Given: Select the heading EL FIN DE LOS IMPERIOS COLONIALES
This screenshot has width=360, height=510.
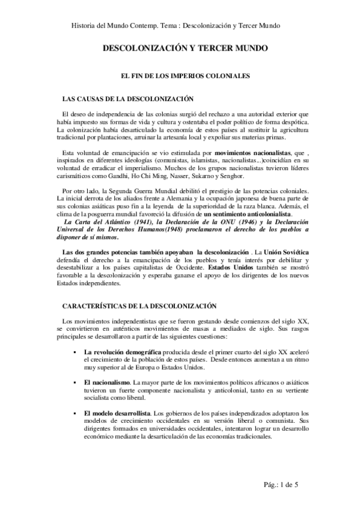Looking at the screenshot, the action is pos(180,76).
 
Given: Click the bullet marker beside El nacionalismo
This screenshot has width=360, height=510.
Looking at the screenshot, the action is pos(75,382).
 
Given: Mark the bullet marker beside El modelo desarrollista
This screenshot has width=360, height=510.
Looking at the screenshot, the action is pos(75,413).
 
